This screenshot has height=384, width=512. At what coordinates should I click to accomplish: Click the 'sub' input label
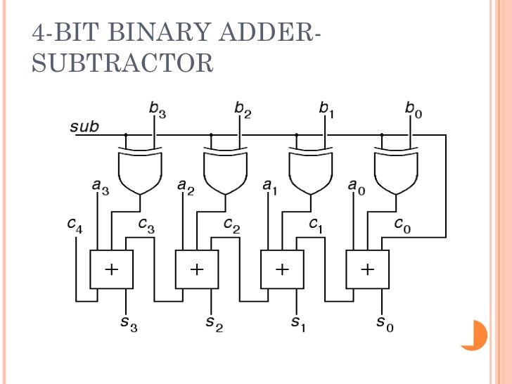coord(84,127)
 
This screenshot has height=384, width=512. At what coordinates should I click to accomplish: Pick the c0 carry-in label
coord(402,224)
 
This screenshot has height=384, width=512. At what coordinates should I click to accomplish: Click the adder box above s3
coord(111,269)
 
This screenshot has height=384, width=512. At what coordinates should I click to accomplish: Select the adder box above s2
coord(197,269)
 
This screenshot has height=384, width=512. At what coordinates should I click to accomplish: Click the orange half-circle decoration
coord(478,335)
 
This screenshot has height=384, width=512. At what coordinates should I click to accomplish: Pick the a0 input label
coord(357,186)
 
